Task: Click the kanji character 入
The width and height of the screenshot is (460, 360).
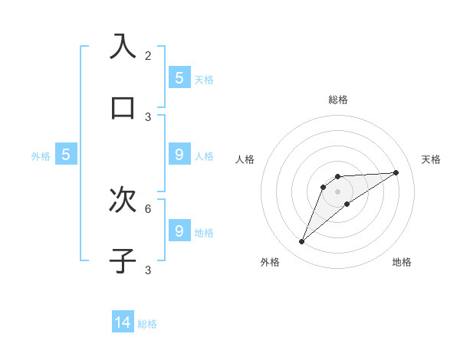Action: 123,47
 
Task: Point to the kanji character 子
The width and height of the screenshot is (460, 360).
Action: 123,260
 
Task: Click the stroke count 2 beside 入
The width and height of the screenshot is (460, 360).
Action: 148,56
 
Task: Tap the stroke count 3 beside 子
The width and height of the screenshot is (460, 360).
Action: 148,270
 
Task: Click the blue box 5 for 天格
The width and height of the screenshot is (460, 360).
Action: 179,77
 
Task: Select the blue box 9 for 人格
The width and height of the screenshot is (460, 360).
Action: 179,154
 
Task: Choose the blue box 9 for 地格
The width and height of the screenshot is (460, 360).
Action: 179,231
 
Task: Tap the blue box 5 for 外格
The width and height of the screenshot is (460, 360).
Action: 66,155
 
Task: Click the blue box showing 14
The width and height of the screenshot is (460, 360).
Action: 123,322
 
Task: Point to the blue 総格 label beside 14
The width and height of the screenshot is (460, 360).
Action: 147,324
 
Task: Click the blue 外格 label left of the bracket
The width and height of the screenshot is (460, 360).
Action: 41,156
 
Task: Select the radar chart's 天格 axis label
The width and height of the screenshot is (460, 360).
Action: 431,159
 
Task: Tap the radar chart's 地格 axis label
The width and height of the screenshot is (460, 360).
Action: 402,262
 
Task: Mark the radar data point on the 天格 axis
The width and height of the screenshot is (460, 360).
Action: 396,172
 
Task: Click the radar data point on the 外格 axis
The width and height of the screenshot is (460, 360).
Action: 302,242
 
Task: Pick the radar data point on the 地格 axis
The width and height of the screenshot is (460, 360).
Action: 347,204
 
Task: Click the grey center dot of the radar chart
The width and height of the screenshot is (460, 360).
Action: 337,191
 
